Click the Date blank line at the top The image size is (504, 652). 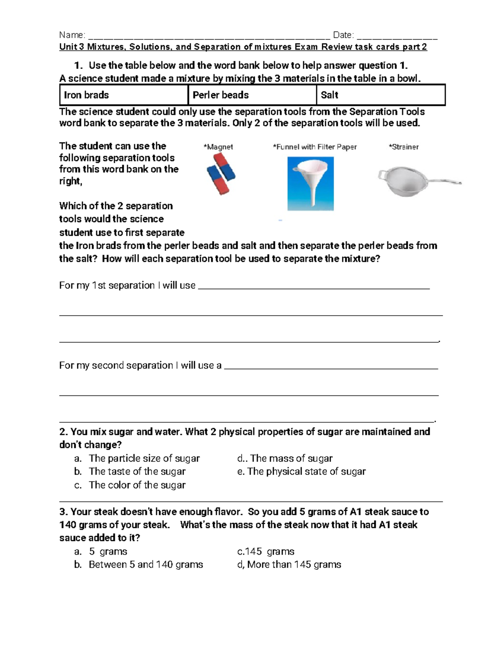click(x=397, y=37)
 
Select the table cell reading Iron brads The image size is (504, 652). click(x=123, y=95)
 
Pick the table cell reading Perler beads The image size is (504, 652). click(x=252, y=95)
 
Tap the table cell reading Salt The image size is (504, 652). click(x=380, y=95)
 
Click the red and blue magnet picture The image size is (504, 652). click(x=221, y=173)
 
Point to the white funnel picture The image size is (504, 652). click(x=310, y=183)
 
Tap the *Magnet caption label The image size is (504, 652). click(x=218, y=147)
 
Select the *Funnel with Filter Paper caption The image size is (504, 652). click(x=315, y=147)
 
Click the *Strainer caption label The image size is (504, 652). click(x=404, y=147)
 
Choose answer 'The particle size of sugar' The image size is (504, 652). click(x=144, y=458)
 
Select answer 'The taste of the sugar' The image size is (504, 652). click(x=137, y=471)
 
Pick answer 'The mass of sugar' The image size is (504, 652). click(x=291, y=458)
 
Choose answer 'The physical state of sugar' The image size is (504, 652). click(x=306, y=471)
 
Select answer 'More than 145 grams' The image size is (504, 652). click(x=294, y=565)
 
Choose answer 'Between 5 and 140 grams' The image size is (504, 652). click(x=146, y=565)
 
